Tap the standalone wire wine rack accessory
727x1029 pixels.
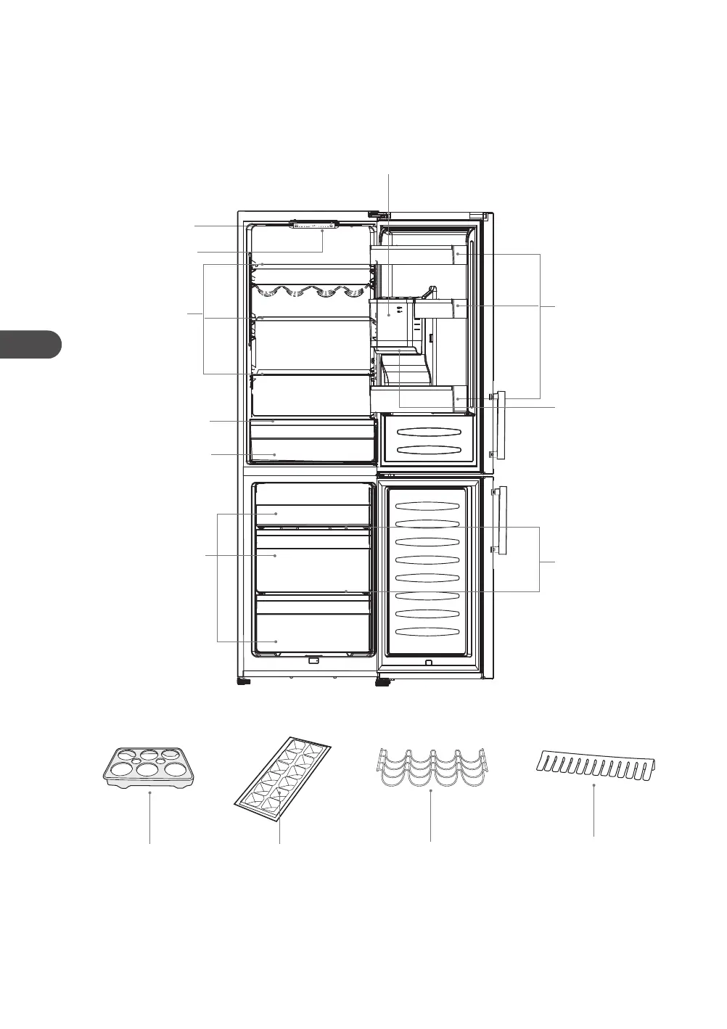pyautogui.click(x=431, y=768)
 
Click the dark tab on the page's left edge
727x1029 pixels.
pyautogui.click(x=29, y=344)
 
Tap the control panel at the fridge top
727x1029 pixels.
pyautogui.click(x=314, y=224)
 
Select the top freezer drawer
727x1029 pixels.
pyautogui.click(x=312, y=514)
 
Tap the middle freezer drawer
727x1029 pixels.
pyautogui.click(x=312, y=559)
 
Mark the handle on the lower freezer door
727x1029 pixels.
pyautogui.click(x=501, y=521)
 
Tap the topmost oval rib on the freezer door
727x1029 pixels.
pyautogui.click(x=428, y=506)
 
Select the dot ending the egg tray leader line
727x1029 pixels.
pyautogui.click(x=150, y=793)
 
